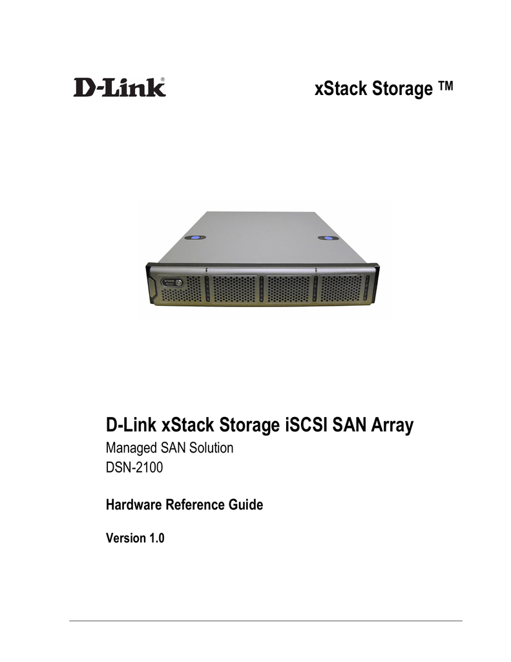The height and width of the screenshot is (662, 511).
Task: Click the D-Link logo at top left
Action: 120,87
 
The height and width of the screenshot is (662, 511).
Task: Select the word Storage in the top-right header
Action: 402,89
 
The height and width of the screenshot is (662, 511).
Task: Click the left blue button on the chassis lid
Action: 195,238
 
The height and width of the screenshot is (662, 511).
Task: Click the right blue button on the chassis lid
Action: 328,239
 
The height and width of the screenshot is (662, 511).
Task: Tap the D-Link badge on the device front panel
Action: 173,282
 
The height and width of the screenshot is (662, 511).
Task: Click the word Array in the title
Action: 392,425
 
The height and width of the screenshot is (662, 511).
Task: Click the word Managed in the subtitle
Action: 129,449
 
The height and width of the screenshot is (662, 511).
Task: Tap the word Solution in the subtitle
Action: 211,447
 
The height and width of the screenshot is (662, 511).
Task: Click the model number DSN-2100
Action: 134,467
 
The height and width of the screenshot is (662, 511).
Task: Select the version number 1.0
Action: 156,539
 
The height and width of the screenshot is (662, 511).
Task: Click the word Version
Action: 126,539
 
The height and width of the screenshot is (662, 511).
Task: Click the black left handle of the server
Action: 151,284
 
